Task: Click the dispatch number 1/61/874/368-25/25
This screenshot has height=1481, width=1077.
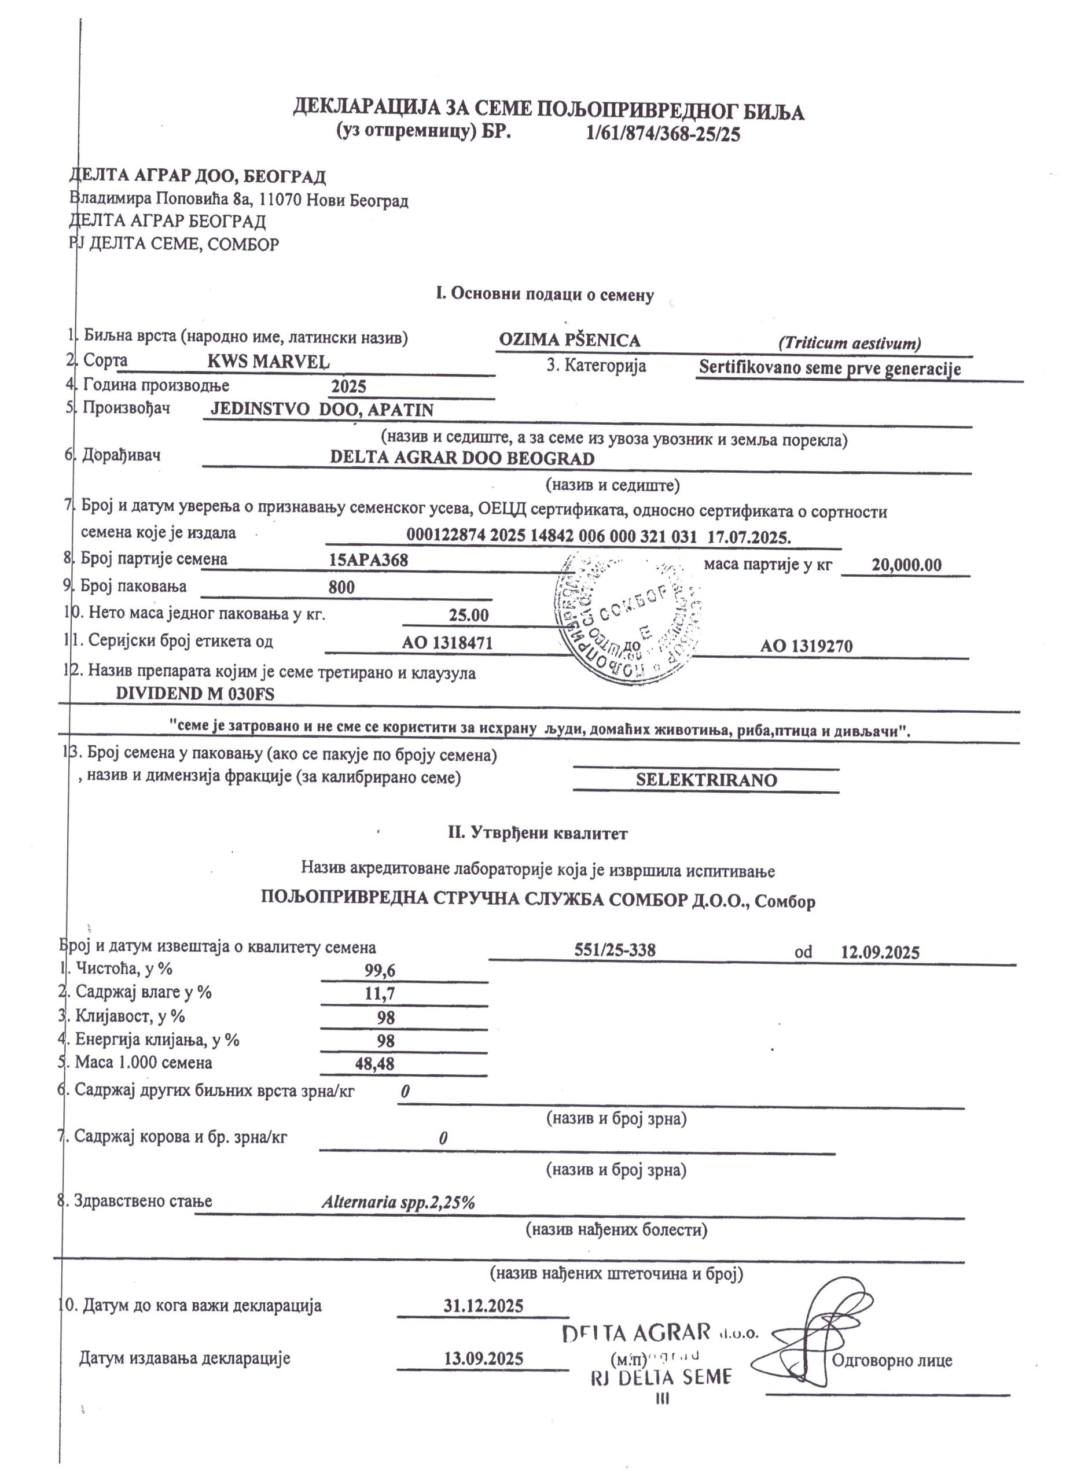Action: (664, 135)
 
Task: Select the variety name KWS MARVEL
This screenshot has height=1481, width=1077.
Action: (269, 361)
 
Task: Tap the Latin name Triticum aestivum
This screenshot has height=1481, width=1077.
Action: (849, 344)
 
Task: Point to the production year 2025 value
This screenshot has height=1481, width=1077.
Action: (349, 386)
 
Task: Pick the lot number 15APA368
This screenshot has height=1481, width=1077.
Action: (369, 559)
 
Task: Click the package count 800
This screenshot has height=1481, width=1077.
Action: (341, 587)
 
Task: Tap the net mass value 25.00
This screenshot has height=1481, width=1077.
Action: (468, 615)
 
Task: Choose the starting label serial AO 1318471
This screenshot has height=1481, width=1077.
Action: (447, 643)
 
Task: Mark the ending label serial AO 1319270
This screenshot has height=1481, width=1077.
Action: (807, 646)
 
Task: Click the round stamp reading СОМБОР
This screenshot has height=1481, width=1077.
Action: (628, 617)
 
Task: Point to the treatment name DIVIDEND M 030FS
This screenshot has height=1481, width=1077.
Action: (194, 694)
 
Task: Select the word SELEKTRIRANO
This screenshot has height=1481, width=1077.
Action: (707, 781)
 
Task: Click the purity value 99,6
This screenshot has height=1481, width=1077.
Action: (380, 970)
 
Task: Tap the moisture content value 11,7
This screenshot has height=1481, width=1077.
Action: (380, 994)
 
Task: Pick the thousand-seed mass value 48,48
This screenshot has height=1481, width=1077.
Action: (375, 1064)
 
